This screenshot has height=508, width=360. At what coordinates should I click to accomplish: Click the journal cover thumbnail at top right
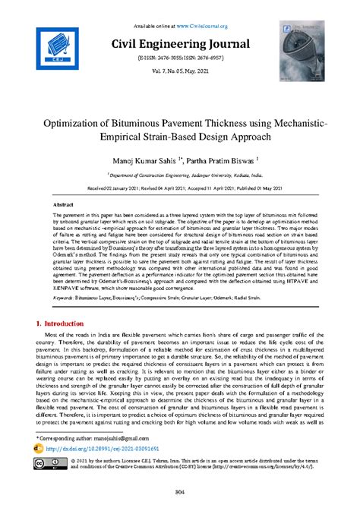(x=298, y=47)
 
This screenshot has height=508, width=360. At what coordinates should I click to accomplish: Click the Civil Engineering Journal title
(x=180, y=43)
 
